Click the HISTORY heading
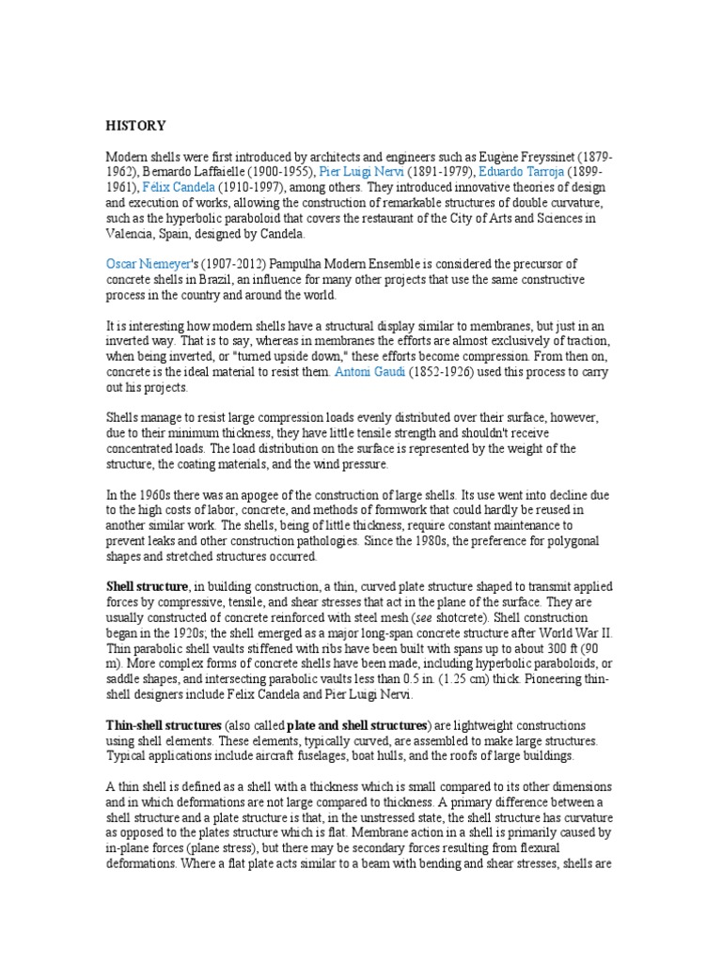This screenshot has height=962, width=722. pos(135,125)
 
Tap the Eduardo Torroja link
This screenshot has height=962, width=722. pos(494,173)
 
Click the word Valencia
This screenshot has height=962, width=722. pos(131,233)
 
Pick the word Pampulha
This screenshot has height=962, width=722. pos(303,265)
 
